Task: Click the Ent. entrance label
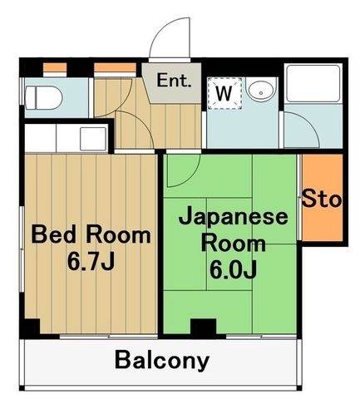tap(174, 81)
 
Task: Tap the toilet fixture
tap(43, 98)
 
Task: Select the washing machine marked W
tap(224, 93)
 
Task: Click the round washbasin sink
tap(261, 90)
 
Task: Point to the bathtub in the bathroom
tap(313, 83)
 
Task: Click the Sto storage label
tap(322, 199)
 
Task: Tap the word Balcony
tap(162, 360)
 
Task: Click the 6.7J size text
tap(91, 262)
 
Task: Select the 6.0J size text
tap(233, 270)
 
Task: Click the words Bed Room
tap(91, 235)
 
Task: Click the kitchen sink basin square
tap(93, 139)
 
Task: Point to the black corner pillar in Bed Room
tap(30, 328)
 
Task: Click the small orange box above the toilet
tap(55, 67)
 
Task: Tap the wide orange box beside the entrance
tap(115, 67)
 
